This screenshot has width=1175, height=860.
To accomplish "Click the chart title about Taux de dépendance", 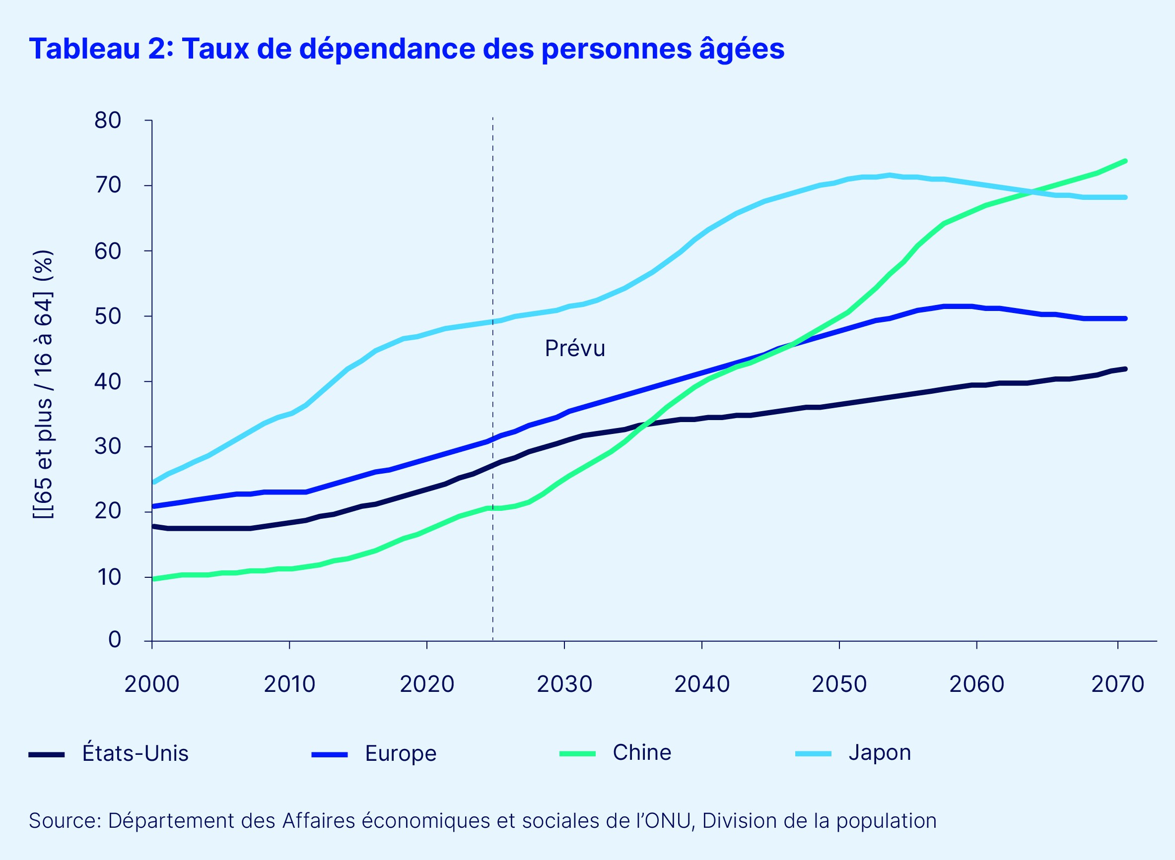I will coord(407,49).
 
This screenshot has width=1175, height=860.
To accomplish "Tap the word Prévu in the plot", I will coord(575,349).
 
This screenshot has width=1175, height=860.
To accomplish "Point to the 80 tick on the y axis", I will coord(108,120).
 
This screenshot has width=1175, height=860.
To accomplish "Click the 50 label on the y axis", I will coord(108,316).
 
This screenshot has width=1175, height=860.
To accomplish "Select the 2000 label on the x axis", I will coord(151,684).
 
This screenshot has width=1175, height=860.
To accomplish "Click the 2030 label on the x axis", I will coord(564,684).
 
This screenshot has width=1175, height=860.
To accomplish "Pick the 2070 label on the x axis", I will coord(1117,684).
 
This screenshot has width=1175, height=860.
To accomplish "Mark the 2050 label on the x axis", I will coord(839,684).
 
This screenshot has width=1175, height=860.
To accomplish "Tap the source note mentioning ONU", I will coord(482,820).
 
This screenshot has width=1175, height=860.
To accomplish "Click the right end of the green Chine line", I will coord(1125,161).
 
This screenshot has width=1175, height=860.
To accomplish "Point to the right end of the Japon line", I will coord(1125,197).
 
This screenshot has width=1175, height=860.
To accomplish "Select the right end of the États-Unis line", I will coord(1125,369).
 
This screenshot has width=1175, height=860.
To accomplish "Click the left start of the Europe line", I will coord(153,506).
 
